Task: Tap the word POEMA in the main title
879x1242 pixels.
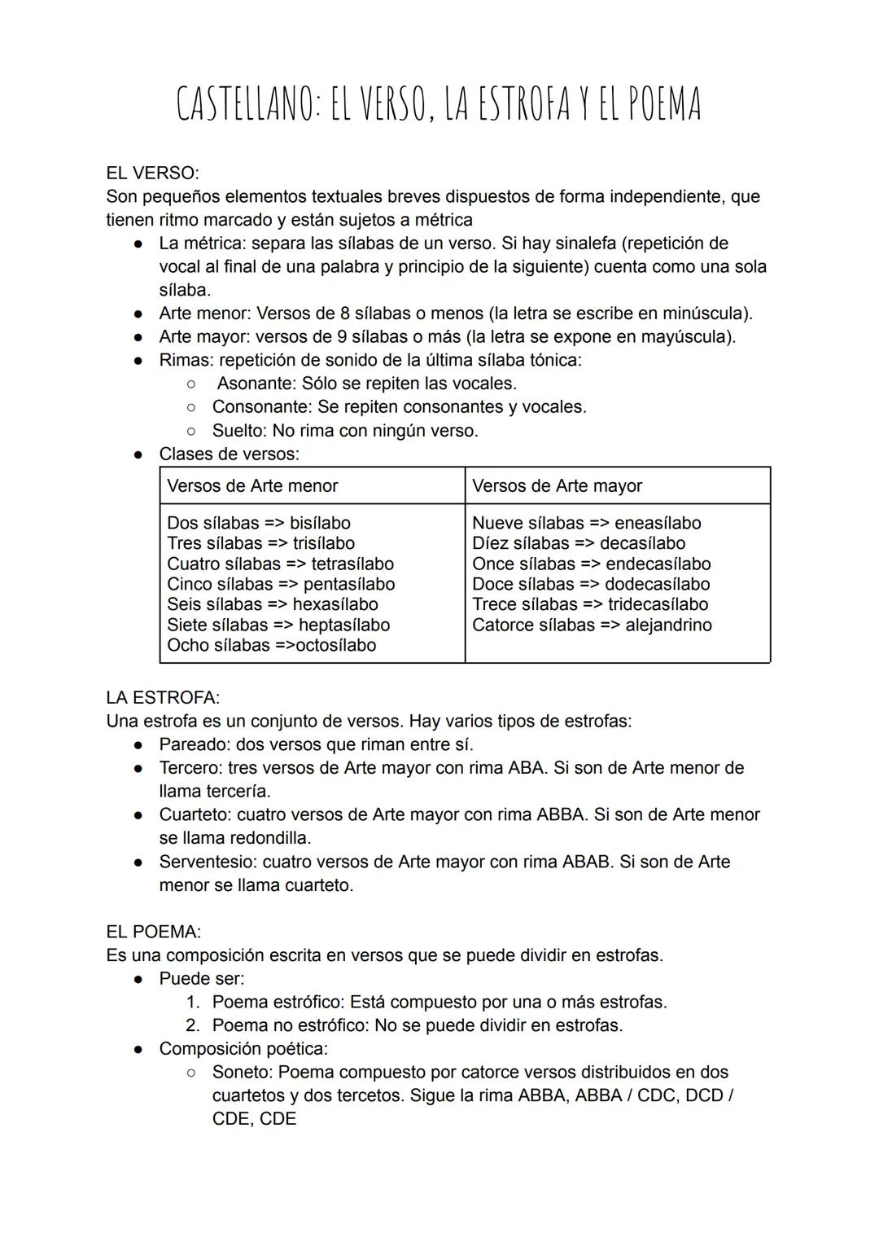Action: coord(658,105)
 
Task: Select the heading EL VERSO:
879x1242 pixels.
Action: coord(152,173)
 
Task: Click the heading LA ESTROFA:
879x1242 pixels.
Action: coord(163,698)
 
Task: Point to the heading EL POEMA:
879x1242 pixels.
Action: coord(153,932)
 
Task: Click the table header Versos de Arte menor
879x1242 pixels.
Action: coord(252,486)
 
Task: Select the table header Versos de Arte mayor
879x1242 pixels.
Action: coord(557,486)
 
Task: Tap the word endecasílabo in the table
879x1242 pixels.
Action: coord(658,564)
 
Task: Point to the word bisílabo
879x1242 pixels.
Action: coord(320,523)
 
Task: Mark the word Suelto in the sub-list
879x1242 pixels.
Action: coord(238,431)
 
